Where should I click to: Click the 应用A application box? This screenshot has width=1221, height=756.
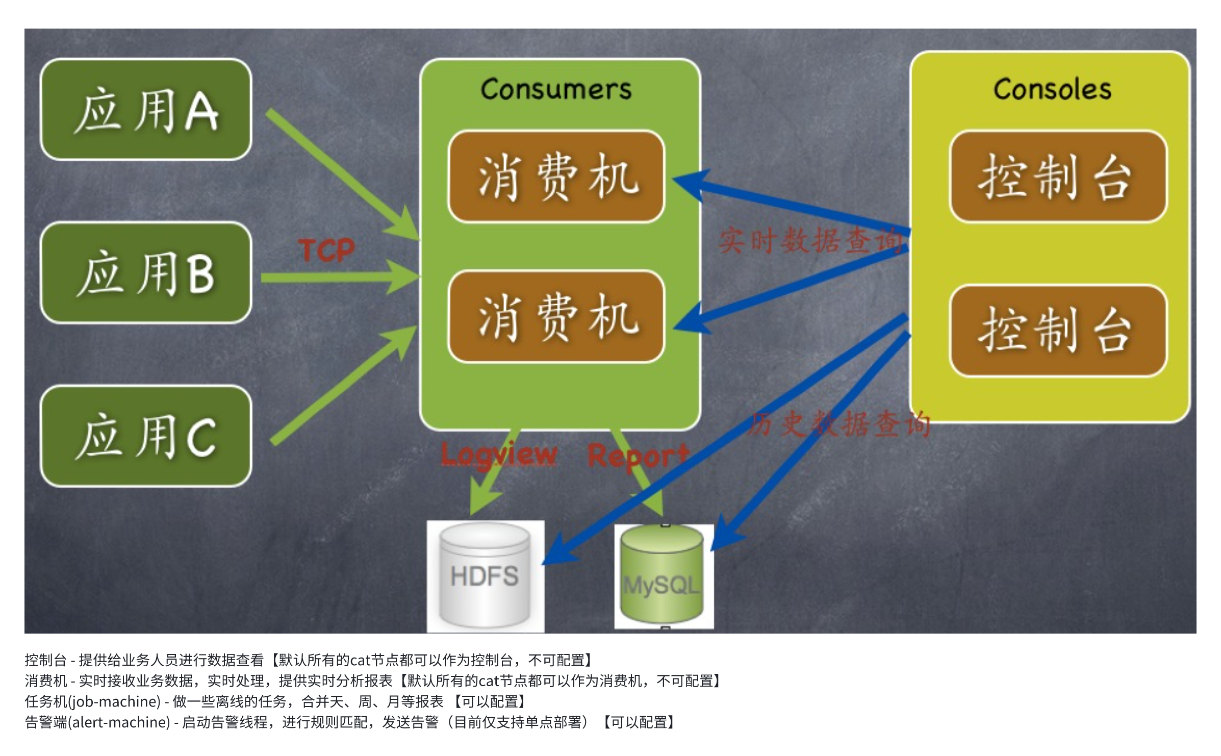click(x=146, y=110)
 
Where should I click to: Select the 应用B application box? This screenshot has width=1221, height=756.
click(x=146, y=273)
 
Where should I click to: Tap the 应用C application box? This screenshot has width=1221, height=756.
click(x=146, y=436)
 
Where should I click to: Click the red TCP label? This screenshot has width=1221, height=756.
click(x=327, y=250)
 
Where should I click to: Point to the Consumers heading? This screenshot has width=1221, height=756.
click(x=556, y=89)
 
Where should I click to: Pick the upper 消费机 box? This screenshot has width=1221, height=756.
click(x=556, y=177)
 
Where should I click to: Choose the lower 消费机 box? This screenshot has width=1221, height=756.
click(x=556, y=317)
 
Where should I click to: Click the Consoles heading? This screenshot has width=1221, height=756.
click(x=1052, y=89)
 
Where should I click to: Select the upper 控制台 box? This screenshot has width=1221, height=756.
click(x=1058, y=177)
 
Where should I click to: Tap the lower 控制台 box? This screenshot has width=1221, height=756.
click(x=1058, y=331)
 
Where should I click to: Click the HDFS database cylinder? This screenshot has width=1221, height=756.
click(x=485, y=576)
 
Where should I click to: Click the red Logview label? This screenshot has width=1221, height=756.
click(x=498, y=454)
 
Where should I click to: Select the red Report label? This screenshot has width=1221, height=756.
click(x=638, y=456)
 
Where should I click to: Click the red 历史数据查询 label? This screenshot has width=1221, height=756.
click(x=840, y=423)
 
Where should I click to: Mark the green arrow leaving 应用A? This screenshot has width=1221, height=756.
click(x=342, y=173)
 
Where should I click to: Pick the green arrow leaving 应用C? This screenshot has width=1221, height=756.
click(x=344, y=385)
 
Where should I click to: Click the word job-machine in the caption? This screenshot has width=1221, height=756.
click(x=115, y=702)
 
